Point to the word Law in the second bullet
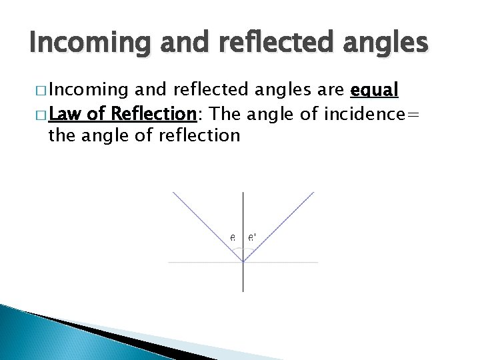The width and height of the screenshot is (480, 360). pyautogui.click(x=64, y=113)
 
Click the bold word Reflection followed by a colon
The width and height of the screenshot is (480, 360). pyautogui.click(x=153, y=113)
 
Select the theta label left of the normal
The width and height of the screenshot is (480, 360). pyautogui.click(x=233, y=237)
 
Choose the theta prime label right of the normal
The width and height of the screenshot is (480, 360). pyautogui.click(x=253, y=237)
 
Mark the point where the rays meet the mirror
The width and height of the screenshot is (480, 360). pyautogui.click(x=243, y=262)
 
